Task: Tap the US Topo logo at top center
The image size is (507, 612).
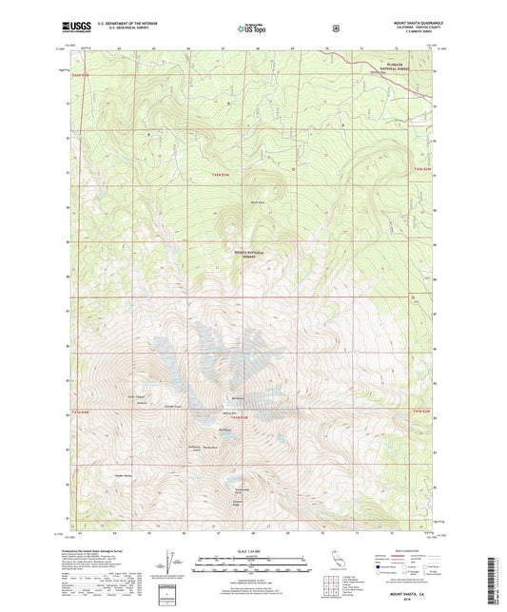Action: click(x=251, y=29)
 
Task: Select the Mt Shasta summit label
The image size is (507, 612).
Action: click(x=238, y=397)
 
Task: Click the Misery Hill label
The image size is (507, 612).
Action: click(x=229, y=413)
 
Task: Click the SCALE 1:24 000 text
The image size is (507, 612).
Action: click(x=253, y=550)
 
